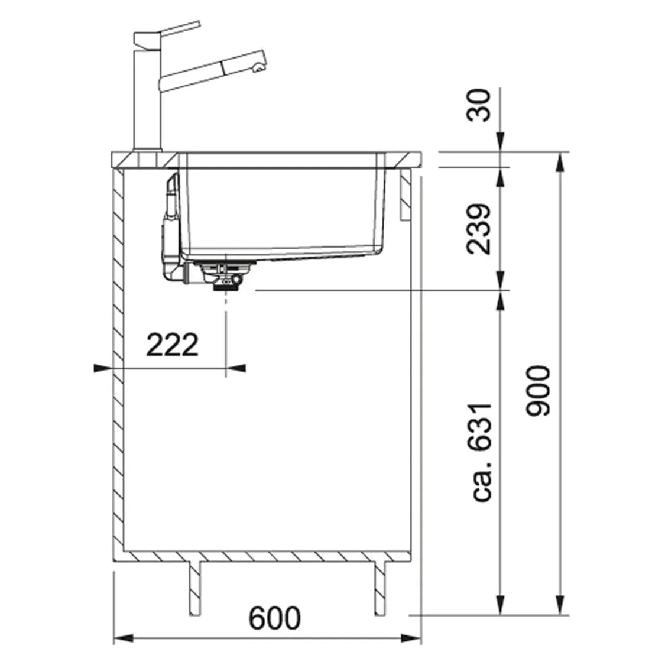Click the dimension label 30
[479, 105]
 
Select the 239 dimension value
[479, 229]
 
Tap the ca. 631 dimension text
[481, 453]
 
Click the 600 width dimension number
[275, 618]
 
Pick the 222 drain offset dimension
[172, 345]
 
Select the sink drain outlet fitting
[225, 275]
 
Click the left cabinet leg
[194, 588]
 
